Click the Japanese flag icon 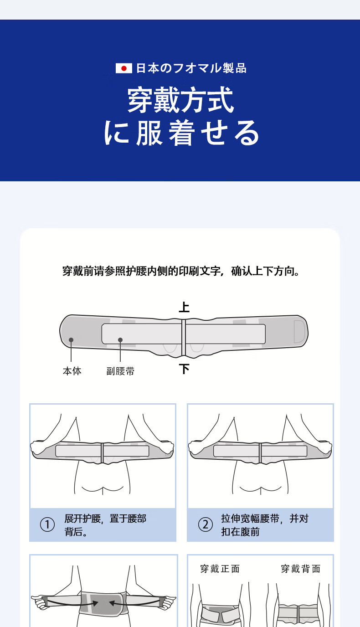point(124,68)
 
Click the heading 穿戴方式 point(180,100)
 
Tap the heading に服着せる point(181,133)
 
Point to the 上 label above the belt point(184,307)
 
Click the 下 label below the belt point(184,369)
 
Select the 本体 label point(72,371)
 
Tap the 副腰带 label point(120,371)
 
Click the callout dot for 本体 point(71,340)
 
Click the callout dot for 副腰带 point(120,340)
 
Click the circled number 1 point(47,524)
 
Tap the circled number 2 point(206,524)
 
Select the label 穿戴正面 point(220,569)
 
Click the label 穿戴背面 point(301,569)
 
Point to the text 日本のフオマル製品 point(191,68)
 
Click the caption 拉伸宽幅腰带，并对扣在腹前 point(265,525)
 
